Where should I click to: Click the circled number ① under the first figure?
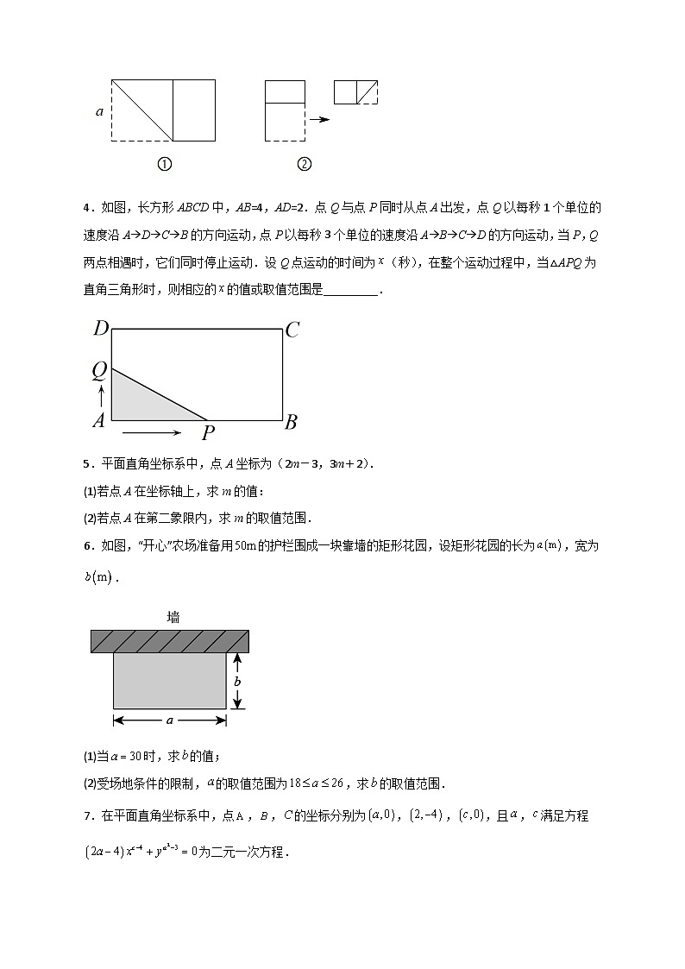click(164, 164)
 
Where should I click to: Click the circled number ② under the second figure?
click(304, 164)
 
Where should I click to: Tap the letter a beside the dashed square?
click(99, 110)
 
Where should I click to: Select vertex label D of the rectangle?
click(100, 329)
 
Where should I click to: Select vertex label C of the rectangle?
click(292, 330)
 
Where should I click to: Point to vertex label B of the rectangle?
click(292, 422)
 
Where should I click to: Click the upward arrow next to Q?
click(101, 396)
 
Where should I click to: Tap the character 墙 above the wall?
click(173, 617)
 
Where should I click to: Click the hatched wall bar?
click(170, 641)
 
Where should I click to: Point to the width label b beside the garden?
click(238, 682)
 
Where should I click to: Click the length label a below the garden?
click(170, 720)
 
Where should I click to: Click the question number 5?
click(87, 463)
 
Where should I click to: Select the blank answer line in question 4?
click(352, 291)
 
